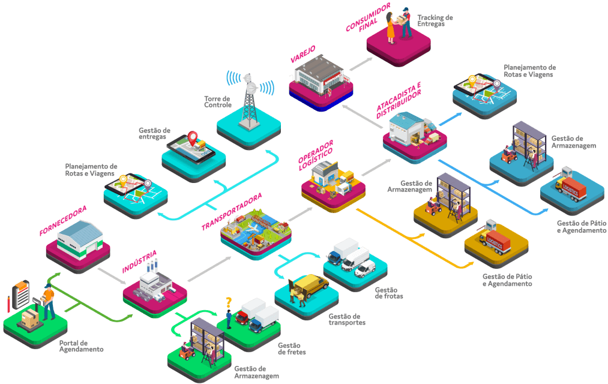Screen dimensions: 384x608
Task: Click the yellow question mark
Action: coord(228,302)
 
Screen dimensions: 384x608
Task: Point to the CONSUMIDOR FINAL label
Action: coord(368,19)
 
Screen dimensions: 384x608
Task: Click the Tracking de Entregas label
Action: coord(435,20)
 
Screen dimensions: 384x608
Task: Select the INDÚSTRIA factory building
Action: coord(153,282)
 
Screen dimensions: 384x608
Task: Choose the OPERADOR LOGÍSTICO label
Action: coord(316,155)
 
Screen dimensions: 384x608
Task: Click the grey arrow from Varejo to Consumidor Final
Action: coord(361,63)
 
